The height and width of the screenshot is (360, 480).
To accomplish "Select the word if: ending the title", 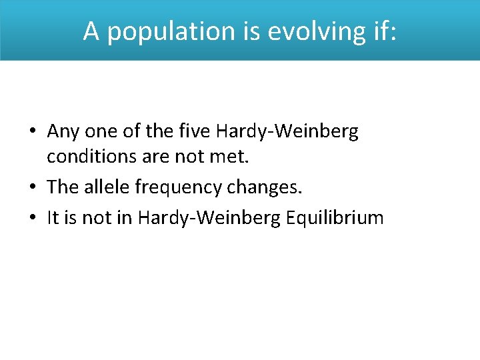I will click(381, 31).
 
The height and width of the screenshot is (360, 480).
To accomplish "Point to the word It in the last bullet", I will click(53, 217).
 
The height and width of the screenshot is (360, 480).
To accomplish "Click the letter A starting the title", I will click(91, 31).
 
